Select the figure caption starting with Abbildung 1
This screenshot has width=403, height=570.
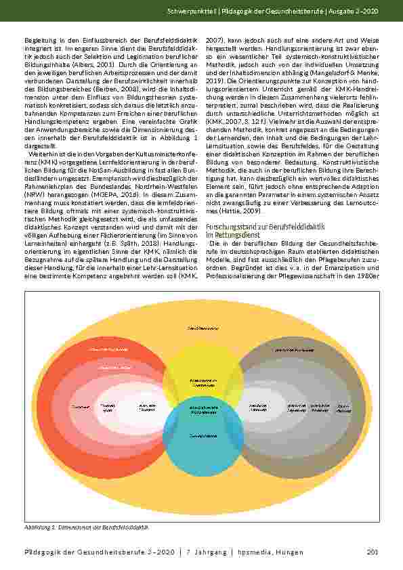86,526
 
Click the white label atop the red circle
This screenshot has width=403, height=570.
108,349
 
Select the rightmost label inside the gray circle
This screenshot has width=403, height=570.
343,408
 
